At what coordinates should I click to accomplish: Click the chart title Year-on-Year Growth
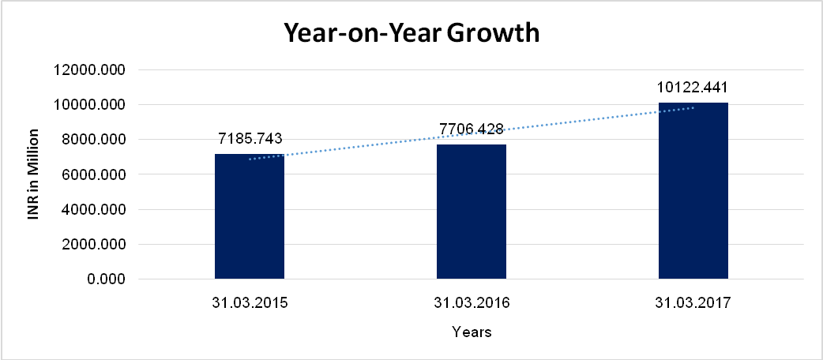411,33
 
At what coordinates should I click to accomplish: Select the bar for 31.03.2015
250,217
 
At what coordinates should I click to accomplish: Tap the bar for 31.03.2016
472,212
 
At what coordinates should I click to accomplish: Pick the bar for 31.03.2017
693,191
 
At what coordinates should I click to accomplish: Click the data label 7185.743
250,139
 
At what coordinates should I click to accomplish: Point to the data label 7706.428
472,128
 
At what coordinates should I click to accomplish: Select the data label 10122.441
693,87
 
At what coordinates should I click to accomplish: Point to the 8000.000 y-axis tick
92,140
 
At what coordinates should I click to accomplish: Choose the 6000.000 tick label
92,174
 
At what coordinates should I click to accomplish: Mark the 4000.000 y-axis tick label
92,210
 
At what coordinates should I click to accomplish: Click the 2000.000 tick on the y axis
92,245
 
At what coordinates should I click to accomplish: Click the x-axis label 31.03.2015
250,302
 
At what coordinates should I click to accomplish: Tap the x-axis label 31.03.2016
472,302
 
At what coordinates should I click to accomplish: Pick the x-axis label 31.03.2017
693,302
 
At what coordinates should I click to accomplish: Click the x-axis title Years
472,332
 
